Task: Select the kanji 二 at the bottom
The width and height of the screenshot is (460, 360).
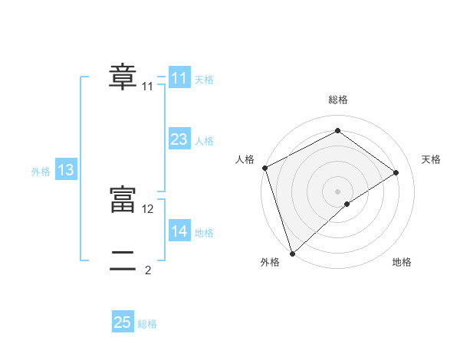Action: (123, 261)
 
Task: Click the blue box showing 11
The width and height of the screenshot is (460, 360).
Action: (179, 78)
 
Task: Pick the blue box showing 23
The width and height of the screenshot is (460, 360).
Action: (179, 139)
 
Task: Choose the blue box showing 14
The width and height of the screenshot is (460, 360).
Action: (179, 231)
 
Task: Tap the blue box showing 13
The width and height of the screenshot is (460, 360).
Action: (66, 170)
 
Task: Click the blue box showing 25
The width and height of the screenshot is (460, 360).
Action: (123, 322)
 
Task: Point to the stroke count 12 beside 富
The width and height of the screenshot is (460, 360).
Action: (148, 208)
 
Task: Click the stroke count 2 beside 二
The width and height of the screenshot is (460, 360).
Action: (148, 270)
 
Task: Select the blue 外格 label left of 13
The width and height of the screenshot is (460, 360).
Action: (41, 172)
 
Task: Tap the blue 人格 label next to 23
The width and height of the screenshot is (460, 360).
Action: (204, 141)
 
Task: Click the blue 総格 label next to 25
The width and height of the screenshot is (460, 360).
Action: (147, 324)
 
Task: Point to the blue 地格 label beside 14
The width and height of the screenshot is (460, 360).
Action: (204, 233)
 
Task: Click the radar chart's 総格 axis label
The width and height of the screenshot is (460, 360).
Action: (337, 100)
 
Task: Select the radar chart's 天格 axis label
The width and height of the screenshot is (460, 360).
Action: (431, 159)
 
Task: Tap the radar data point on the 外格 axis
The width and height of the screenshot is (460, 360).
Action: (292, 253)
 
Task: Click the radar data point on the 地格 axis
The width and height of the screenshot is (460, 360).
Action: (347, 204)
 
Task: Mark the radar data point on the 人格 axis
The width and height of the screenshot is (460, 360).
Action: (264, 168)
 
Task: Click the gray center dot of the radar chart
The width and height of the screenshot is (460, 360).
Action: (337, 191)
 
